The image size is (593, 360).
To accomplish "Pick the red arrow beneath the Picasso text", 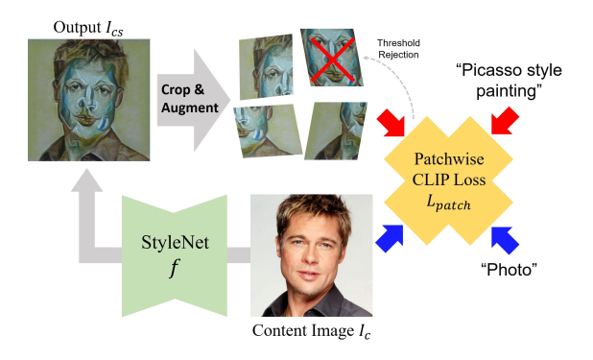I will point(506,121).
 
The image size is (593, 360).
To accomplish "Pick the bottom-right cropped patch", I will point(335,130).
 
